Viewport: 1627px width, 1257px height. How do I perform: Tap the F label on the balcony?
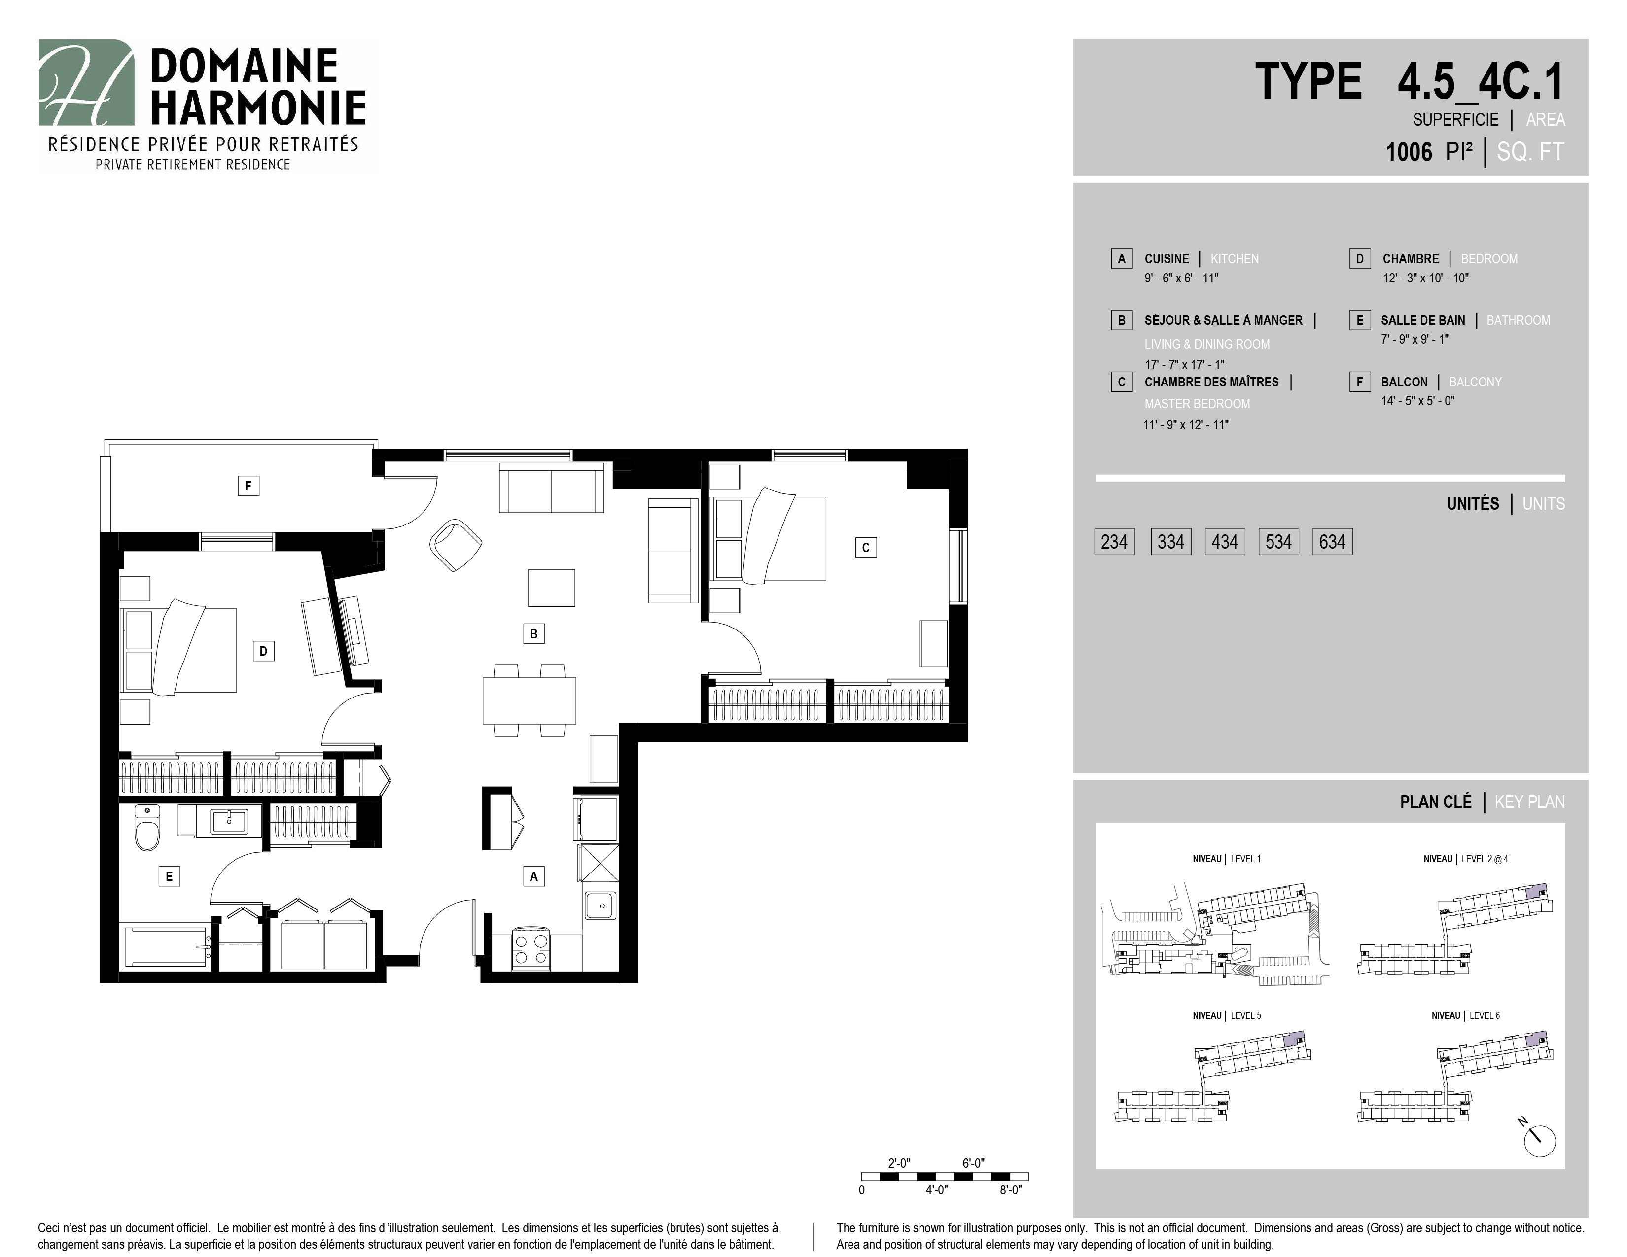pyautogui.click(x=248, y=486)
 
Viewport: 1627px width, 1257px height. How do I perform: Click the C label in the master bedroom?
pyautogui.click(x=866, y=547)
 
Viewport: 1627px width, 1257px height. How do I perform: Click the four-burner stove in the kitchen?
pyautogui.click(x=531, y=949)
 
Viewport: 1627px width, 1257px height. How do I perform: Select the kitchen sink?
pyautogui.click(x=600, y=906)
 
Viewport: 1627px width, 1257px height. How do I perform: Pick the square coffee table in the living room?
pyautogui.click(x=551, y=588)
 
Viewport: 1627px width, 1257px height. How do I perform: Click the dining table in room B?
pyautogui.click(x=529, y=700)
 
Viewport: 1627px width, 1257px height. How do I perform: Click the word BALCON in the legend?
pyautogui.click(x=1404, y=382)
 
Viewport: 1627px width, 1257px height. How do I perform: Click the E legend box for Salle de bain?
pyautogui.click(x=1360, y=320)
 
